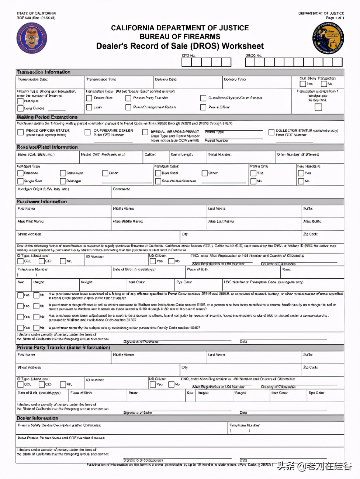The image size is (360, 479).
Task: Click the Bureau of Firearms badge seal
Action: (x=32, y=38)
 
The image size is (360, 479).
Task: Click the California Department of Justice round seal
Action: (x=328, y=38)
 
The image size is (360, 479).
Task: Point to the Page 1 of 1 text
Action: (x=335, y=18)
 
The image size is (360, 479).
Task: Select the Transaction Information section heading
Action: (x=44, y=72)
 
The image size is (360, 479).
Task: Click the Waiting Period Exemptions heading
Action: (x=47, y=117)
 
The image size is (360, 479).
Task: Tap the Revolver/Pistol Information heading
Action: (x=47, y=147)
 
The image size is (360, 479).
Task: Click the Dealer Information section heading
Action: (x=37, y=418)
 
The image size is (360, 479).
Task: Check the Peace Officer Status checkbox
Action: (x=20, y=132)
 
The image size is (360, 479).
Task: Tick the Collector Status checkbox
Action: (x=271, y=132)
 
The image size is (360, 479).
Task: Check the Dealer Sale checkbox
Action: (x=89, y=98)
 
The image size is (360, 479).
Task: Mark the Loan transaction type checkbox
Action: (x=89, y=107)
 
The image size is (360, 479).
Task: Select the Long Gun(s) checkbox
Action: (x=20, y=108)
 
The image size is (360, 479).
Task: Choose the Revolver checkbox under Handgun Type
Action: (x=20, y=173)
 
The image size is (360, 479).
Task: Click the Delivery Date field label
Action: (x=166, y=79)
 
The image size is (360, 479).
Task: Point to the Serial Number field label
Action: (x=219, y=154)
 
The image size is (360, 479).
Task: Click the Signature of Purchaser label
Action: (x=141, y=342)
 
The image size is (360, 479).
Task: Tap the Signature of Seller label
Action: (x=138, y=413)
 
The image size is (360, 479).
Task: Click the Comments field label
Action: (x=121, y=189)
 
